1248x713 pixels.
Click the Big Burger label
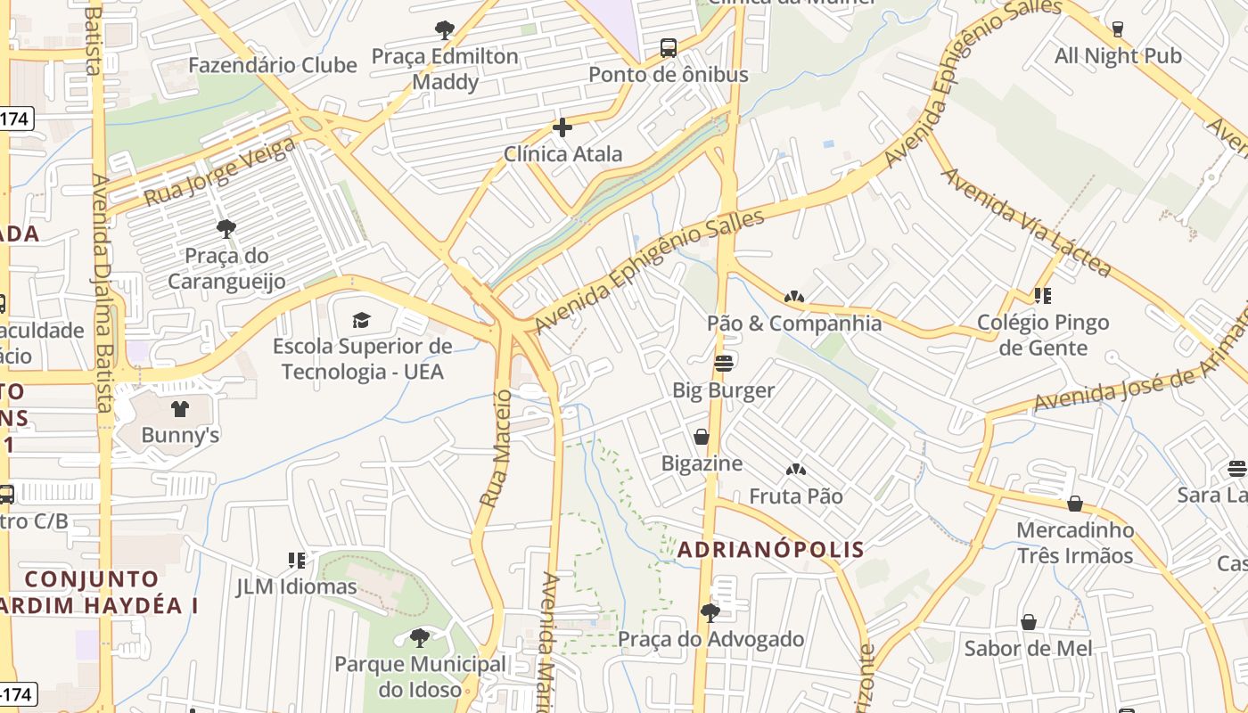(x=723, y=390)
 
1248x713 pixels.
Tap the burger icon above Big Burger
(x=723, y=364)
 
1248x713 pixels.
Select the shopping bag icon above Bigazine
(x=702, y=437)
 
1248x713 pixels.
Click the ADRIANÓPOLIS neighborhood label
(x=770, y=550)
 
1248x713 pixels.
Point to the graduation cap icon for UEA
(x=361, y=320)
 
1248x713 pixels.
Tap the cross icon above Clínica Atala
(x=562, y=127)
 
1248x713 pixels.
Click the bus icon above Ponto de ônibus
(x=669, y=48)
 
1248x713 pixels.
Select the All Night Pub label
(x=1118, y=56)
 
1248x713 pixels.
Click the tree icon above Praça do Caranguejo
(x=226, y=229)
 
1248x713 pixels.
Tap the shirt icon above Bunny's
(x=180, y=409)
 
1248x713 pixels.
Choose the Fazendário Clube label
(x=273, y=65)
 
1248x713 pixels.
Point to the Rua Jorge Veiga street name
(x=219, y=171)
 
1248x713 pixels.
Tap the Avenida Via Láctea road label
(x=1026, y=221)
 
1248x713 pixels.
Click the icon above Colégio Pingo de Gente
(x=1042, y=296)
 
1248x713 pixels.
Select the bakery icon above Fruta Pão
(x=795, y=470)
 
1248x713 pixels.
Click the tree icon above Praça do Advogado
(x=710, y=612)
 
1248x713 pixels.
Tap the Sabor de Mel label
(x=1028, y=648)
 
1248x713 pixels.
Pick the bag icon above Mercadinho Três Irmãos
(x=1075, y=504)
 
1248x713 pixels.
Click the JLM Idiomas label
(x=296, y=587)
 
